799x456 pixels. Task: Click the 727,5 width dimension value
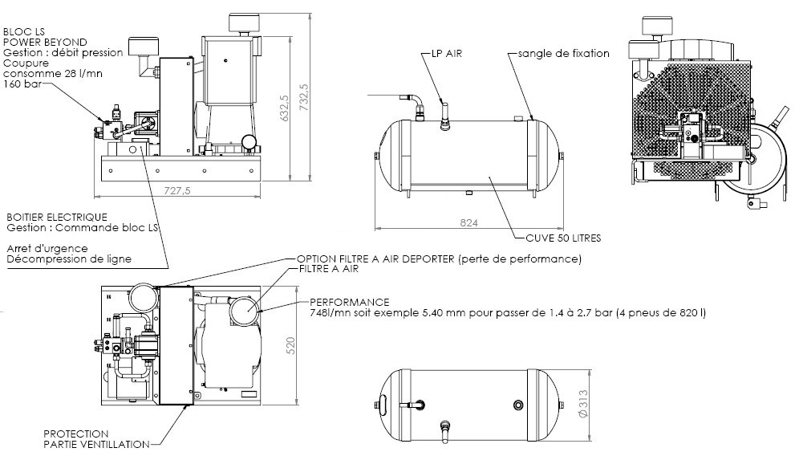(176, 190)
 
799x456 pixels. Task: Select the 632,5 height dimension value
(285, 108)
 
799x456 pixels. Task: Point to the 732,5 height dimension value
(304, 97)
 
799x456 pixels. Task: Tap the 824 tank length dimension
(468, 222)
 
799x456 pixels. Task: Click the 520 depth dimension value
(291, 346)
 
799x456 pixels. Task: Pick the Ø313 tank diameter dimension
(584, 404)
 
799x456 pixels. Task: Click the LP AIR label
(447, 53)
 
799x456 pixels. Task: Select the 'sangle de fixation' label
(564, 53)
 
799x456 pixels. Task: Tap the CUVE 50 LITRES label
(564, 238)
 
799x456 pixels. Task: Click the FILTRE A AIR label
(329, 268)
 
